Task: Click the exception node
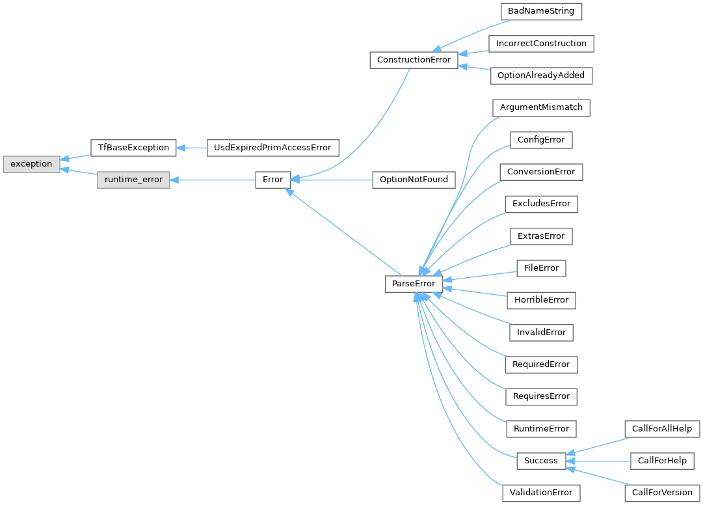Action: [31, 164]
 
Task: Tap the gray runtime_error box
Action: [133, 180]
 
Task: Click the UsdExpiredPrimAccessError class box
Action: [272, 148]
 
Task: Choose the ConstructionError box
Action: [414, 60]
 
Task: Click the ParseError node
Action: [414, 284]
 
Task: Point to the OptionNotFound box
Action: [414, 180]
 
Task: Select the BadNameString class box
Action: [540, 12]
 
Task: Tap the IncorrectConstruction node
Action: [540, 44]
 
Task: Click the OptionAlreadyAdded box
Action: [540, 75]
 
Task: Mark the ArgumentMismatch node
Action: [540, 107]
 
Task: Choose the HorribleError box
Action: [540, 300]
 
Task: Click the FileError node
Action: [540, 268]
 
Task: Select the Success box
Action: [540, 461]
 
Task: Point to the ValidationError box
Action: [540, 493]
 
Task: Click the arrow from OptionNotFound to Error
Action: [332, 180]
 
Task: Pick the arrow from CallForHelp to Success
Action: [598, 461]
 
